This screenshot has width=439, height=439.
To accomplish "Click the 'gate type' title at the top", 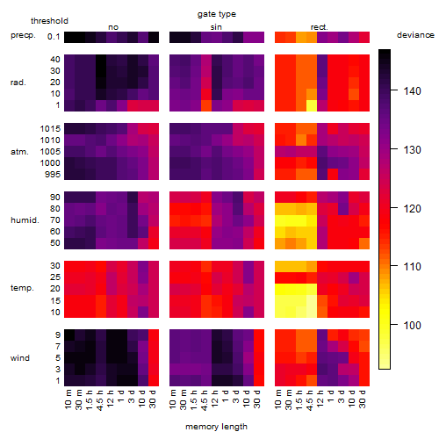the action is click(x=217, y=14).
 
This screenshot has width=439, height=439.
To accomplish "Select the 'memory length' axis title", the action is click(x=216, y=427).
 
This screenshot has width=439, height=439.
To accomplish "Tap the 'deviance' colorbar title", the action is click(x=415, y=35).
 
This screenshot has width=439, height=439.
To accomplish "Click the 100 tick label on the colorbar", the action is click(x=412, y=325).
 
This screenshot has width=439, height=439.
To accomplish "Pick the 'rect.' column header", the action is click(x=320, y=27).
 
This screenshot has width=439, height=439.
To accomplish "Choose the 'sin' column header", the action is click(x=216, y=27).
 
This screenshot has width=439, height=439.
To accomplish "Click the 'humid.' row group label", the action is click(x=25, y=220).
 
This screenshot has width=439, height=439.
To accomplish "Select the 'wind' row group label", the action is click(x=20, y=358).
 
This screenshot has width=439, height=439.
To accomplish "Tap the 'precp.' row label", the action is click(x=23, y=36).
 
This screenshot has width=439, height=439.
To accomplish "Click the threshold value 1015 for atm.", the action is click(x=50, y=129).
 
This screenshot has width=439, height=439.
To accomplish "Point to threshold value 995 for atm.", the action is click(x=53, y=175).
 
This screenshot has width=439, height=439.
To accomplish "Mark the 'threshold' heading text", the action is click(x=49, y=21).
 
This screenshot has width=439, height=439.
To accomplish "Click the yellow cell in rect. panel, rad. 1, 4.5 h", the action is click(x=312, y=105).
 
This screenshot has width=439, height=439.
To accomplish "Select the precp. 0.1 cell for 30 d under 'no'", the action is click(x=154, y=37).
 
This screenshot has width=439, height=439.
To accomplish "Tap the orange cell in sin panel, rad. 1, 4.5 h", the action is click(x=206, y=105).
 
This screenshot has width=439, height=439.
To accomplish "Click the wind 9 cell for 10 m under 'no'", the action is click(x=69, y=335).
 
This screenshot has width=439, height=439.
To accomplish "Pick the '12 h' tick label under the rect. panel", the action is click(x=320, y=399).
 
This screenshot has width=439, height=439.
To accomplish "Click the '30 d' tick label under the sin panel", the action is click(x=257, y=399).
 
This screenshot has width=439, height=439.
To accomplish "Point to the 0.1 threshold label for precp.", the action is click(x=54, y=37).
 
